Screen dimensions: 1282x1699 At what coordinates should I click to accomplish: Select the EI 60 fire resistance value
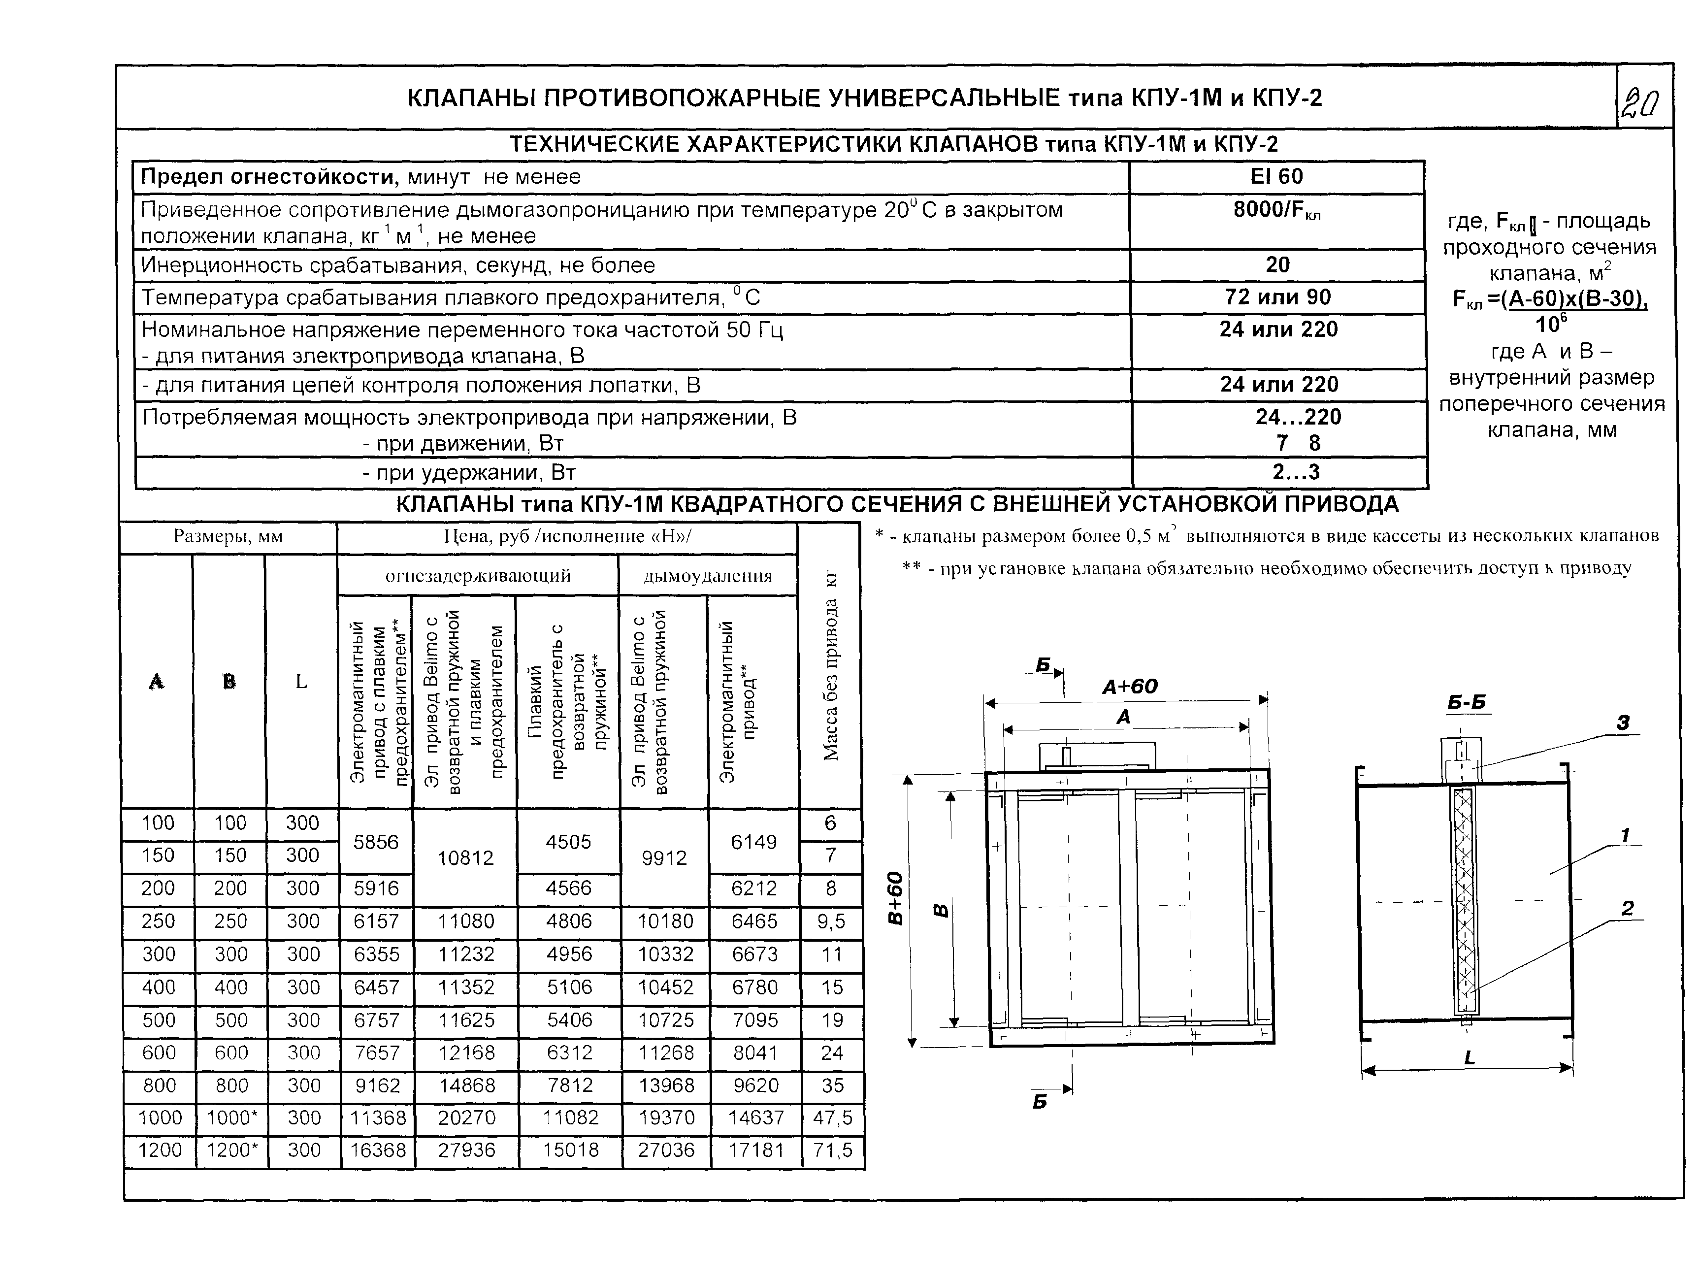tap(1276, 177)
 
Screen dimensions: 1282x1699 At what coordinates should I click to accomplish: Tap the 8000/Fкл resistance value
tap(1276, 210)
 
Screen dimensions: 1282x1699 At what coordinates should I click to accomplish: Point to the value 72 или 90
tap(1277, 297)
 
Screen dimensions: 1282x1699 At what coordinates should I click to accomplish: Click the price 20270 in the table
tap(466, 1118)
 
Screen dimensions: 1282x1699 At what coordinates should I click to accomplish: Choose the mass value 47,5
tap(833, 1118)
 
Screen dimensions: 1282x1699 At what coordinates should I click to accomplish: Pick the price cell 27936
tap(466, 1150)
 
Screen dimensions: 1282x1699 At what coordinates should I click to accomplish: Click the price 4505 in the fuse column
tap(568, 842)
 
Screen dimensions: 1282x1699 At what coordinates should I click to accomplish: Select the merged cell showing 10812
tap(465, 858)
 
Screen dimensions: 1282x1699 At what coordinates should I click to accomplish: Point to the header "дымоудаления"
tap(707, 576)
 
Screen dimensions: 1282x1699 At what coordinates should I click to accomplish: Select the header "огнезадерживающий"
tap(478, 576)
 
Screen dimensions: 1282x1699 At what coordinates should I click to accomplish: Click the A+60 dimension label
tap(1129, 687)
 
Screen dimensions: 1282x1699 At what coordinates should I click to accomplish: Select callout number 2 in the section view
tap(1627, 909)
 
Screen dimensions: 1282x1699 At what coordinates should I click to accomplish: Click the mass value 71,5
tap(833, 1150)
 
